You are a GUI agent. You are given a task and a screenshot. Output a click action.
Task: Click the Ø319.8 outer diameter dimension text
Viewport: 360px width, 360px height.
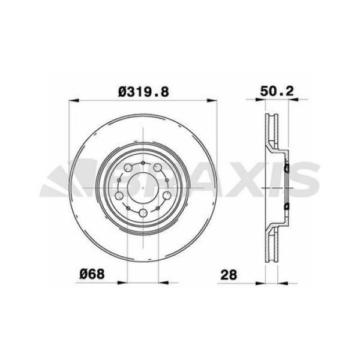click(143, 91)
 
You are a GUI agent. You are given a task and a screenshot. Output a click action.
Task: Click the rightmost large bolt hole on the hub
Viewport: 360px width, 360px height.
click(164, 197)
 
